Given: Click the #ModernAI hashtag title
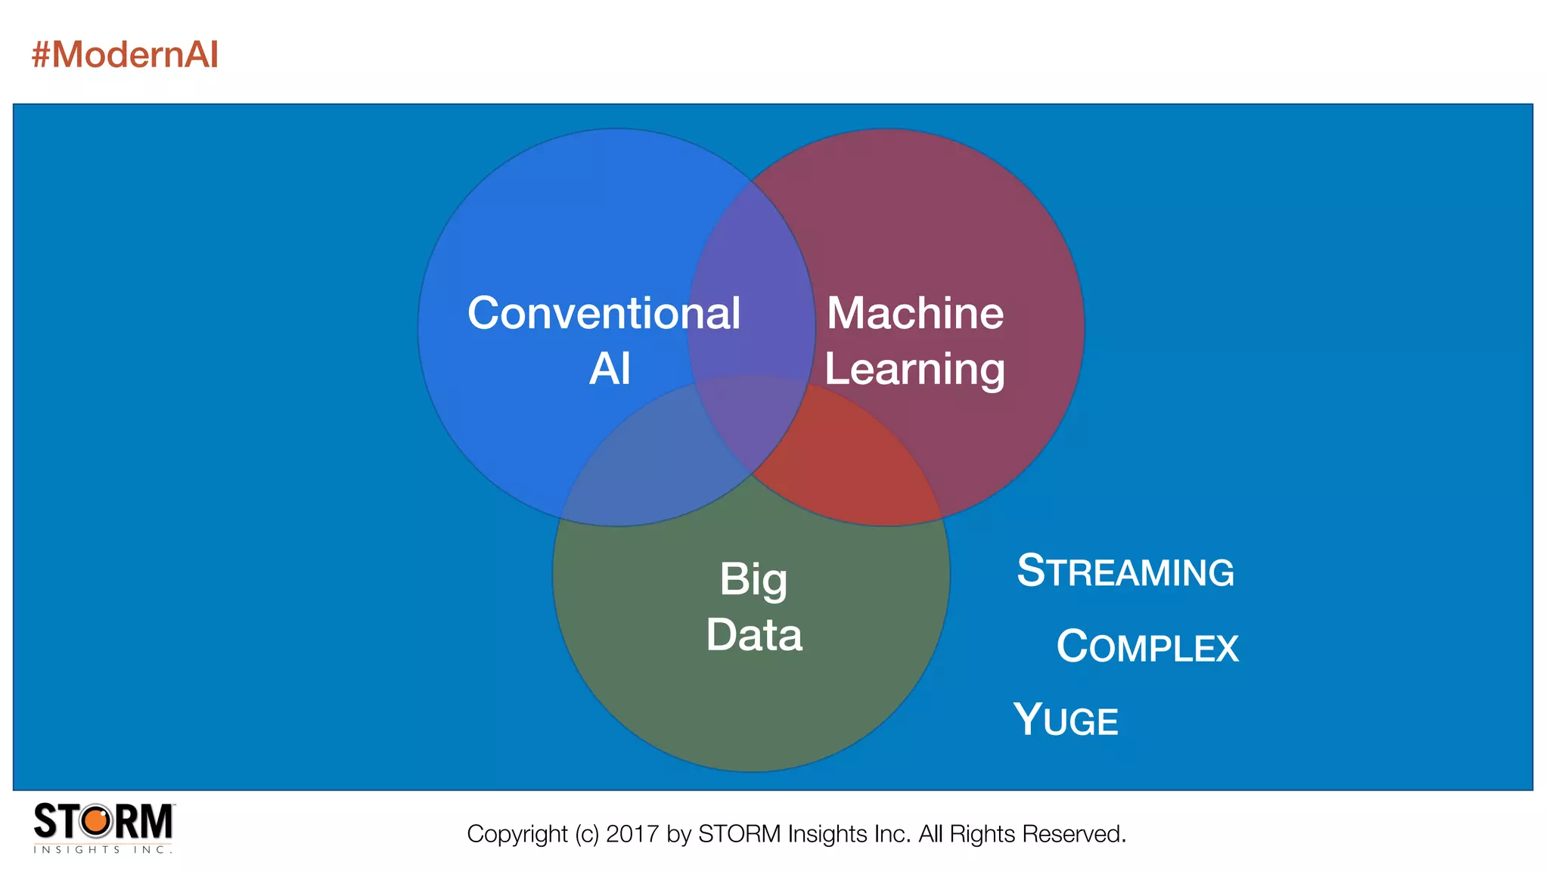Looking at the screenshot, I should point(125,54).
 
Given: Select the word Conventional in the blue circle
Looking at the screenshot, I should point(604,313).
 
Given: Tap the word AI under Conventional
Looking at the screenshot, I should point(610,369).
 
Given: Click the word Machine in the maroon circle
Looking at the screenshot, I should point(915,313).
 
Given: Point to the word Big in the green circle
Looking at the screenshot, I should point(753,581).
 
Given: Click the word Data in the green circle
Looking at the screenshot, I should point(754,635).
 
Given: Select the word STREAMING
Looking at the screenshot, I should point(1125,572).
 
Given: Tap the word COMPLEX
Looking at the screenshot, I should point(1147,647).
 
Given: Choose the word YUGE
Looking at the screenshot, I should point(1066,720).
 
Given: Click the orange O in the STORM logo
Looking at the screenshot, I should point(96,821).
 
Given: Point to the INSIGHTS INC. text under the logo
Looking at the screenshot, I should point(103,850).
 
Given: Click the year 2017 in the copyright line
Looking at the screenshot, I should point(632,834).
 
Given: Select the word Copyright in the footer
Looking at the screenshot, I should point(517,834).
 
